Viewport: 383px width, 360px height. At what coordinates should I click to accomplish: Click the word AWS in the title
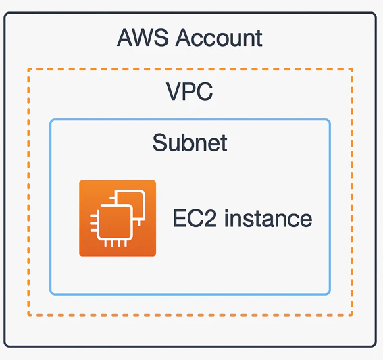pyautogui.click(x=143, y=38)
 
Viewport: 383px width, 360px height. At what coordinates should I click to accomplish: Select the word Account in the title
pyautogui.click(x=219, y=38)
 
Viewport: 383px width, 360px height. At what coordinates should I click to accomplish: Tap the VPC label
pyautogui.click(x=190, y=91)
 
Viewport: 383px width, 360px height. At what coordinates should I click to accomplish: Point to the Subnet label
pyautogui.click(x=190, y=143)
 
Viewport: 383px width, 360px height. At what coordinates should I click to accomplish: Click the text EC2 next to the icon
pyautogui.click(x=195, y=218)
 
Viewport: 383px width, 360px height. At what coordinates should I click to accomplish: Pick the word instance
pyautogui.click(x=268, y=218)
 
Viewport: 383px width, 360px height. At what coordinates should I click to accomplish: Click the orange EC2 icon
pyautogui.click(x=118, y=218)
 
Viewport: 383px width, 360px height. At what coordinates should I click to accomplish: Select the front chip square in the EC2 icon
pyautogui.click(x=115, y=222)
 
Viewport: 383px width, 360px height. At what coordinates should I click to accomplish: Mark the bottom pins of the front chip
pyautogui.click(x=116, y=244)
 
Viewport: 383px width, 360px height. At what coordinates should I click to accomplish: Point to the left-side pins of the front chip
pyautogui.click(x=93, y=223)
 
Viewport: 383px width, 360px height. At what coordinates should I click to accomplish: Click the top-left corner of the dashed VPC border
pyautogui.click(x=28, y=69)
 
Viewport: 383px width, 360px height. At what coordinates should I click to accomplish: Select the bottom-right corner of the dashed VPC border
pyautogui.click(x=352, y=315)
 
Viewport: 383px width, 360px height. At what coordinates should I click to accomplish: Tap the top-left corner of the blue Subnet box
pyautogui.click(x=51, y=120)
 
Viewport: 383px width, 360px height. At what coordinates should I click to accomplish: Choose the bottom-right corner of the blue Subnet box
pyautogui.click(x=330, y=294)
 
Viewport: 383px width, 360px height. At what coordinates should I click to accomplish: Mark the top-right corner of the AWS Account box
pyautogui.click(x=376, y=14)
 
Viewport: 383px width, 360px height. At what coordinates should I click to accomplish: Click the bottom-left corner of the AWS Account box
pyautogui.click(x=5, y=346)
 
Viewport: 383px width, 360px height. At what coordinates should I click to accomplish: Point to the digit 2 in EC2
pyautogui.click(x=210, y=218)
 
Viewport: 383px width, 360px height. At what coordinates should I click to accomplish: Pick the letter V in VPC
pyautogui.click(x=174, y=91)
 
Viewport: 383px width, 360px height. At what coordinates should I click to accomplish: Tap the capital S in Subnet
pyautogui.click(x=160, y=143)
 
